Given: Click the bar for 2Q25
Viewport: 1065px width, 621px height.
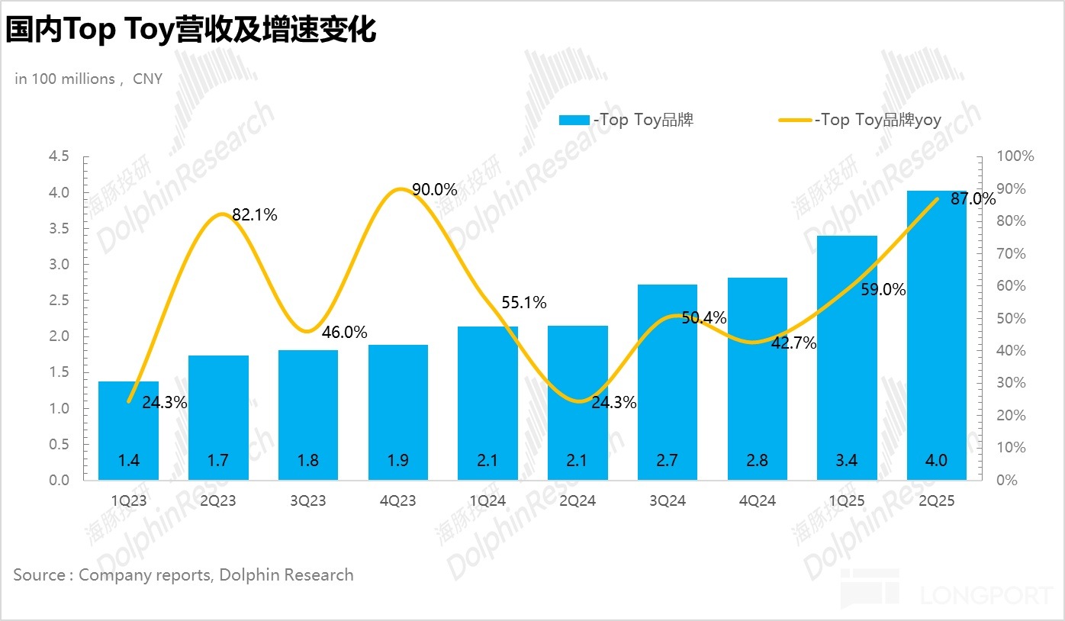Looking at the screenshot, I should click(936, 336).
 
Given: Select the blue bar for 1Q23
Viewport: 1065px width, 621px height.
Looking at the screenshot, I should click(128, 431).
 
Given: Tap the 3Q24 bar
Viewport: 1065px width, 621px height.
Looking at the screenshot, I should click(668, 381).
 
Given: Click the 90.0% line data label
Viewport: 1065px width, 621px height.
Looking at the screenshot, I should click(434, 190).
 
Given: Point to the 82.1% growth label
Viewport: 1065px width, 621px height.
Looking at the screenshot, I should click(255, 215).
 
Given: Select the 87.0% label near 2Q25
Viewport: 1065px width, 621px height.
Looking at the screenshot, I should click(973, 199).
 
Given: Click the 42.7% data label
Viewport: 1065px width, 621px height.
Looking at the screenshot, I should click(793, 343).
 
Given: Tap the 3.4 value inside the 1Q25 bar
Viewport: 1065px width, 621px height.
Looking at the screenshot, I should click(847, 461).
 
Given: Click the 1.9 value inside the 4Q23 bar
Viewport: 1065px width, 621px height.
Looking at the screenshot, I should click(398, 461).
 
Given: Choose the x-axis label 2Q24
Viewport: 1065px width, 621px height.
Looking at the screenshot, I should click(578, 501).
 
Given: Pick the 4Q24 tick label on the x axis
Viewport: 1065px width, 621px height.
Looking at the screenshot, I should click(758, 501).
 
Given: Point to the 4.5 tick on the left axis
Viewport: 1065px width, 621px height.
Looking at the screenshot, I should click(59, 156).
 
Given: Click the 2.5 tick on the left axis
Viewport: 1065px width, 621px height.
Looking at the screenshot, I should click(59, 301).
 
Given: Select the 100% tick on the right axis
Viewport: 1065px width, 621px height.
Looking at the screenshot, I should click(1015, 156).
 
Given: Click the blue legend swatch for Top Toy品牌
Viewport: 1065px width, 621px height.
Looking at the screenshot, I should click(574, 121).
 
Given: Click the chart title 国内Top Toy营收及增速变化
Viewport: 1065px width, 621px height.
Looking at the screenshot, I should click(191, 31).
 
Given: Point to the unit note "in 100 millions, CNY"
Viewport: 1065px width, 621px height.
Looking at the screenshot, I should click(88, 79).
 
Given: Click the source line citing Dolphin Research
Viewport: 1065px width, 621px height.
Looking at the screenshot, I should click(183, 574).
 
